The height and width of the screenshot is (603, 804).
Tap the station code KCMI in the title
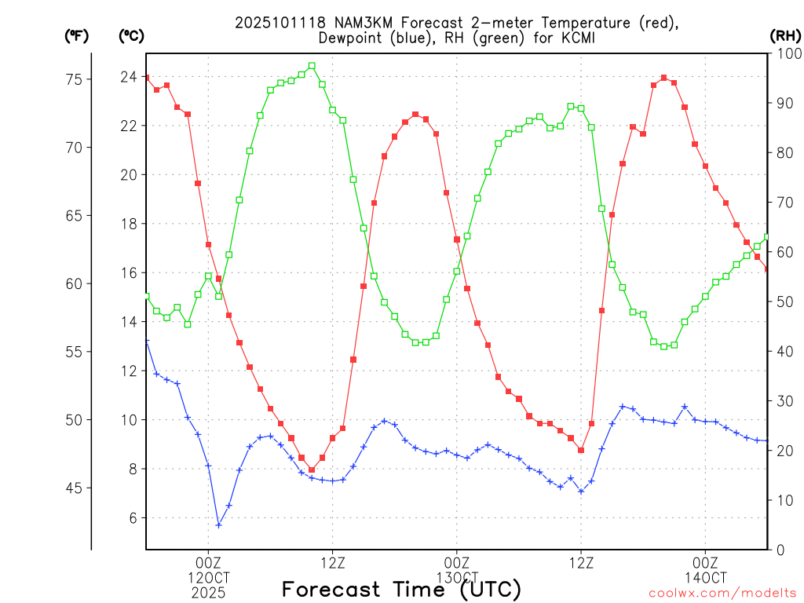tap(579, 38)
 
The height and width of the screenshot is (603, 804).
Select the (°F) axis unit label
tap(77, 36)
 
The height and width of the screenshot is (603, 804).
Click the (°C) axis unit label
tap(132, 36)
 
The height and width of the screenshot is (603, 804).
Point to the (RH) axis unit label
tap(785, 36)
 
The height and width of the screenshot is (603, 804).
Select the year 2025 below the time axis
tap(208, 593)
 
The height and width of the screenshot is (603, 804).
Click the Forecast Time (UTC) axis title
tap(401, 589)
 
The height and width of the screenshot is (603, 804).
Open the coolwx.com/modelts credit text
tap(722, 594)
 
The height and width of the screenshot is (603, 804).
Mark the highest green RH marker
tap(312, 66)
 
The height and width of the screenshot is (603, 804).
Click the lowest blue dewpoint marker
tap(218, 524)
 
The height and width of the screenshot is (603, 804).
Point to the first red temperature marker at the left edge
tap(146, 78)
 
